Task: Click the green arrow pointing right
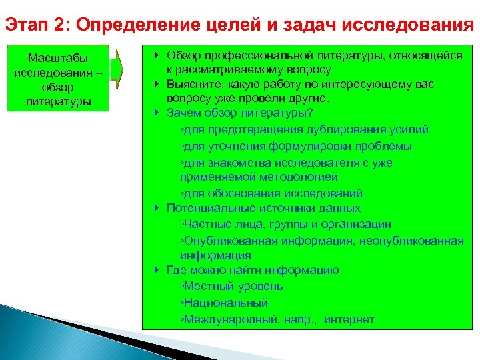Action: pyautogui.click(x=117, y=69)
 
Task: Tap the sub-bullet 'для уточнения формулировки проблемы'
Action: pyautogui.click(x=297, y=146)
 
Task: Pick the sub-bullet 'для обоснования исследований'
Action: pyautogui.click(x=273, y=193)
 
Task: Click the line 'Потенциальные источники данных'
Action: pyautogui.click(x=255, y=208)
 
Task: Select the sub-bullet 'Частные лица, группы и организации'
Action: pyautogui.click(x=287, y=225)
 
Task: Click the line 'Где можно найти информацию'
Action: pyautogui.click(x=253, y=270)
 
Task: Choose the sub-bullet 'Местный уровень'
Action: pyautogui.click(x=233, y=286)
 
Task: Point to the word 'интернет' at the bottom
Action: pyautogui.click(x=349, y=319)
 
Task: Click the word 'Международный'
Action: pyautogui.click(x=227, y=319)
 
